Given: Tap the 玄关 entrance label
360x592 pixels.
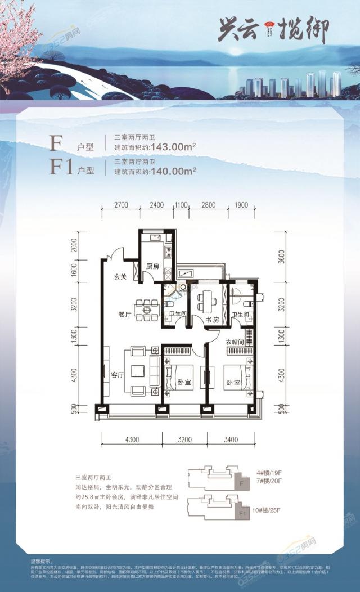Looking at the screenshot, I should (x=120, y=276).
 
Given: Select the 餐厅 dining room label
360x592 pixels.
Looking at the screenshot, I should (x=125, y=315).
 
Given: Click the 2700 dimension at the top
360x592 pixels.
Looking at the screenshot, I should (x=121, y=204).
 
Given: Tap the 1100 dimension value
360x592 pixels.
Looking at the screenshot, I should (x=181, y=204).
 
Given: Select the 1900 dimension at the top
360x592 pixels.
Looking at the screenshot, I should (x=241, y=204).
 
